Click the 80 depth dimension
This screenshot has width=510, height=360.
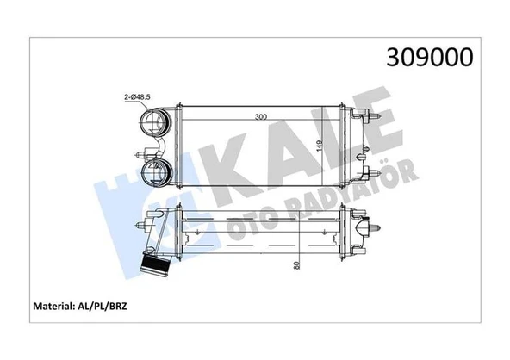pos(295,265)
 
